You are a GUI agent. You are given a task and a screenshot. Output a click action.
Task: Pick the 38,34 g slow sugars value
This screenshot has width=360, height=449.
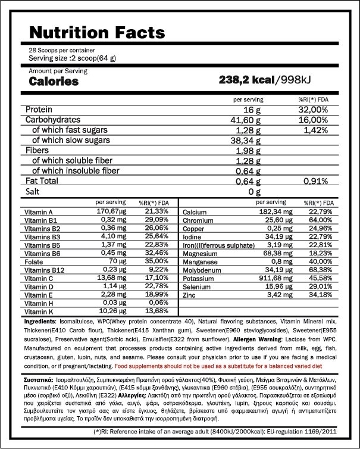pyautogui.click(x=245, y=141)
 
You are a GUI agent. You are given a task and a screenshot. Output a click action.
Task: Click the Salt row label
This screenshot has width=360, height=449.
pyautogui.click(x=33, y=191)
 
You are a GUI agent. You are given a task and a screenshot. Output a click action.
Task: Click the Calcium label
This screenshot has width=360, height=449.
pyautogui.click(x=195, y=212)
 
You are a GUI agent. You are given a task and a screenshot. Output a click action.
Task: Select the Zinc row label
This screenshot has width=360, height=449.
pyautogui.click(x=189, y=295)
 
